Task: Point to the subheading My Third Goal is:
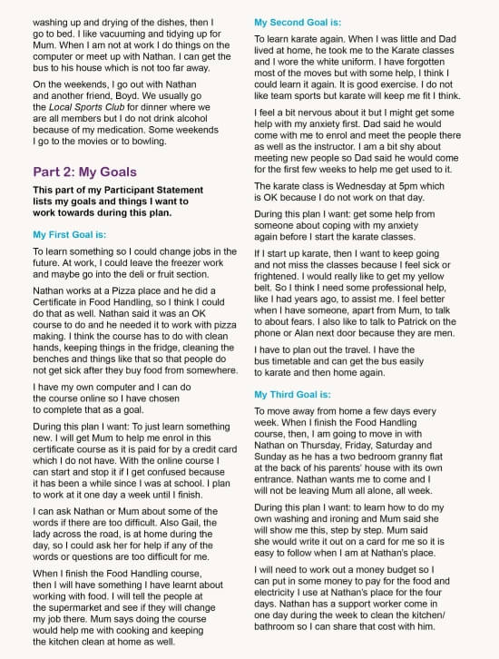(x=293, y=395)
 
